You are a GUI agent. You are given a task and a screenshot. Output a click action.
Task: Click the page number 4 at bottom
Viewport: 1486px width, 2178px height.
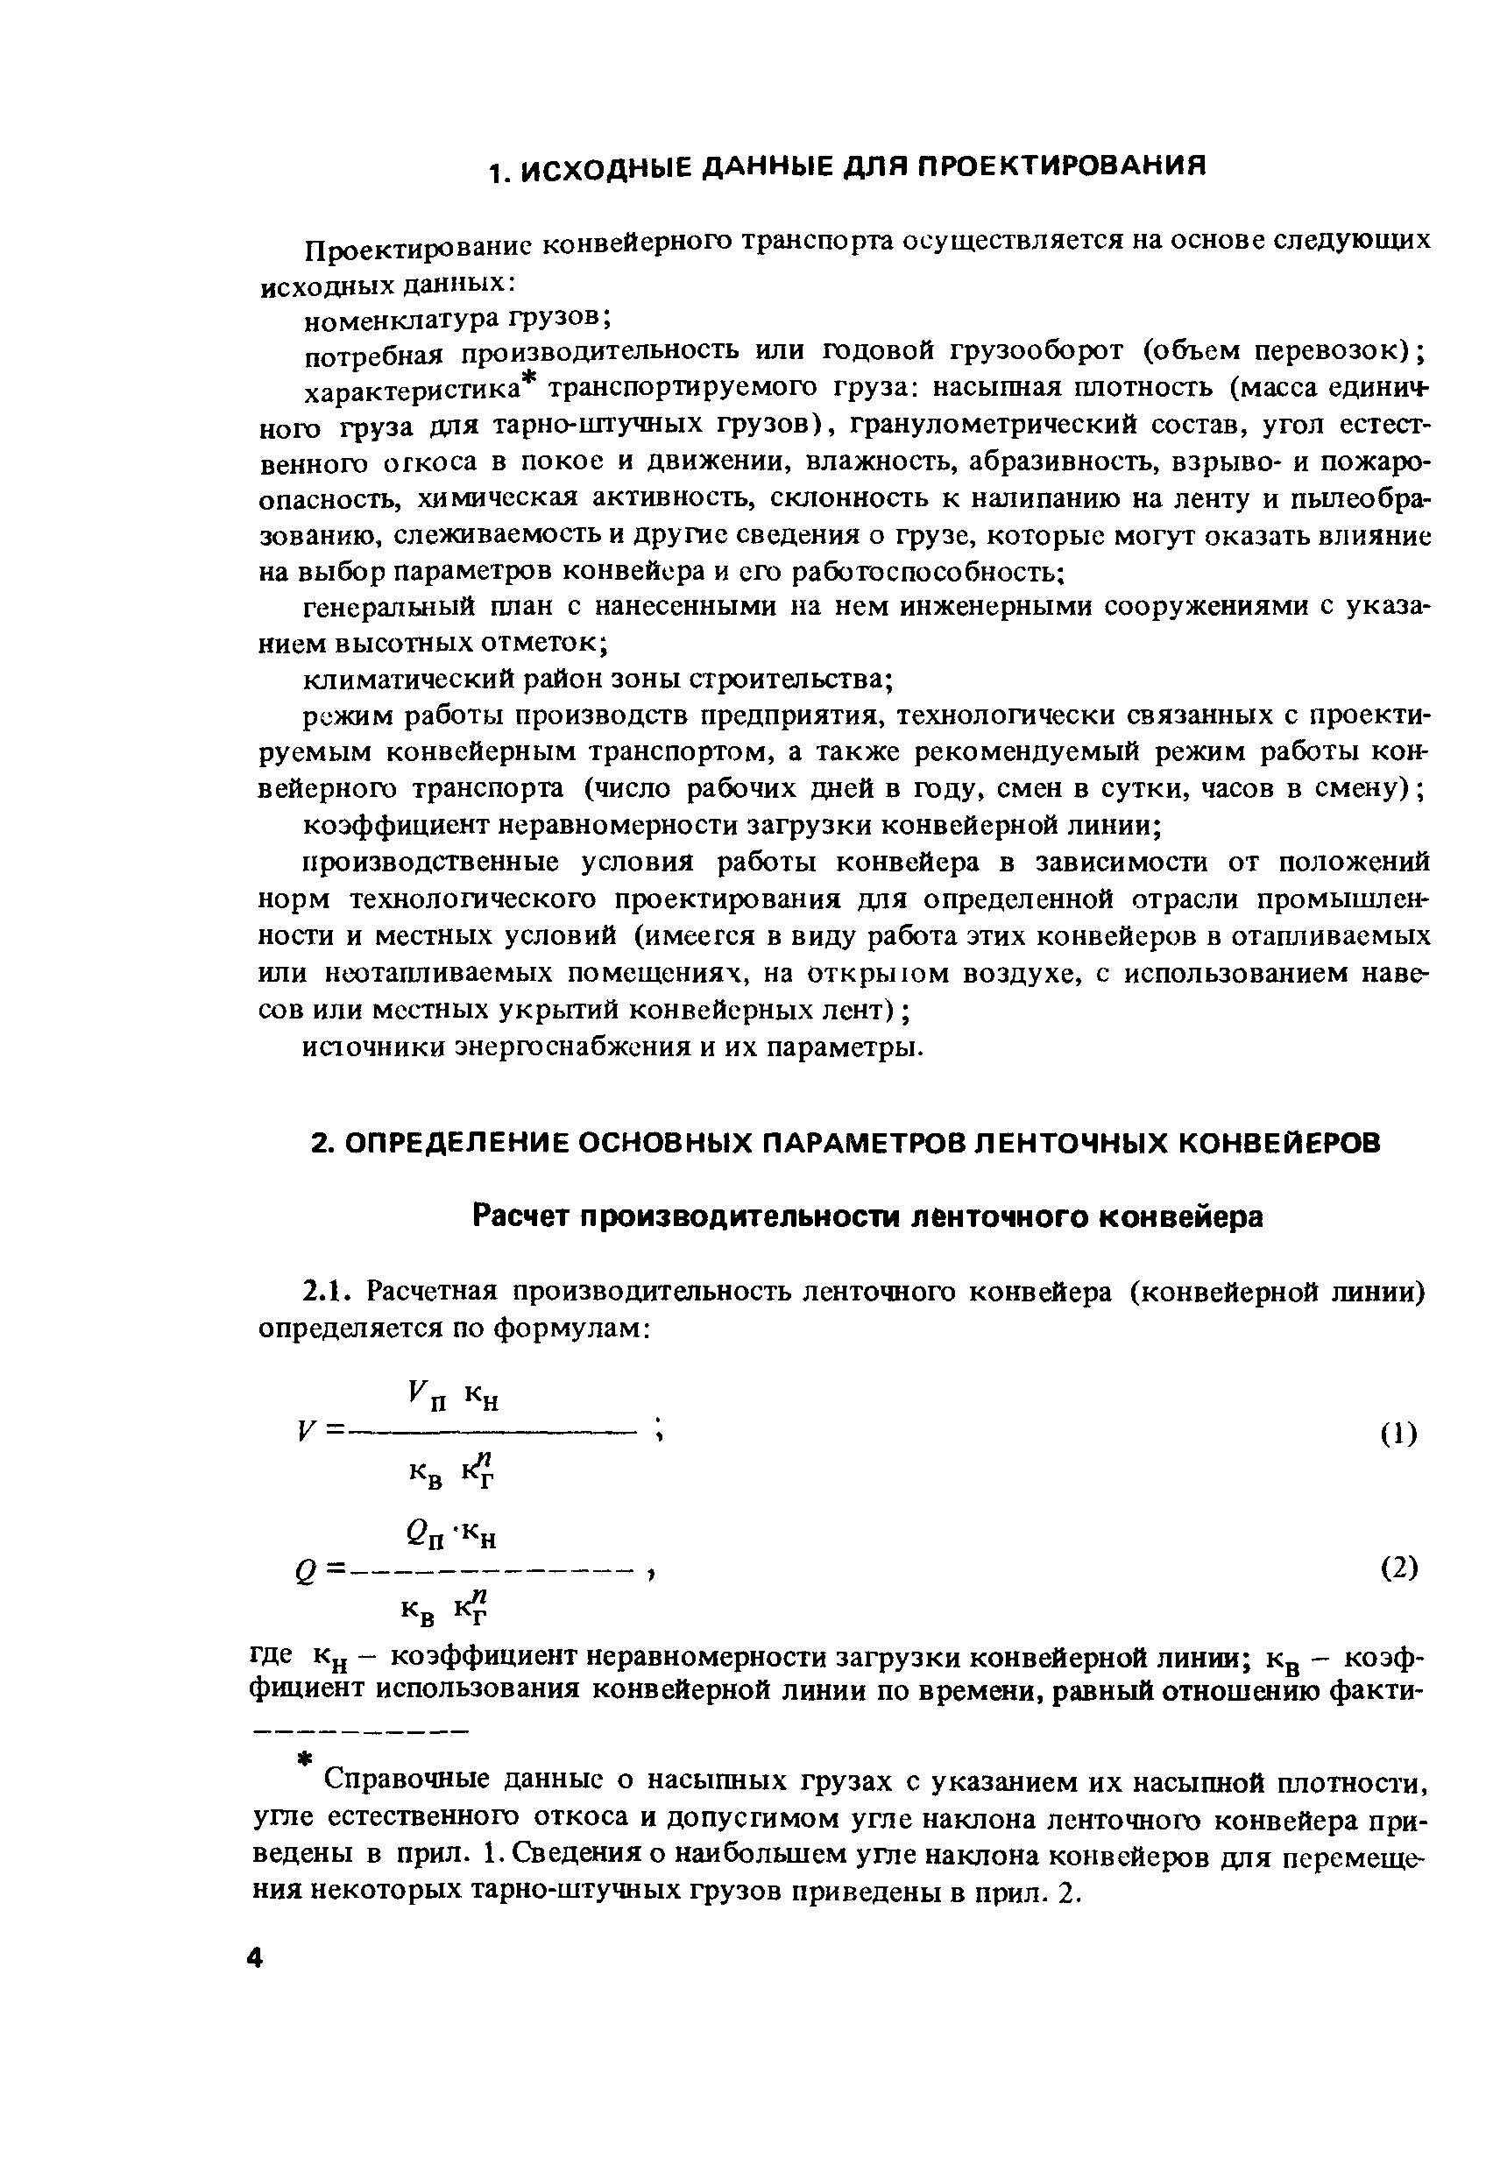coord(254,1959)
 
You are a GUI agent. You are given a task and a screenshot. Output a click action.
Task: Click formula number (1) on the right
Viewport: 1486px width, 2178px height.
coord(1398,1434)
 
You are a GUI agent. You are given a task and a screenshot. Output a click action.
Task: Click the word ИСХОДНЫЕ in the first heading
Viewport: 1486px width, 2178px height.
coord(607,166)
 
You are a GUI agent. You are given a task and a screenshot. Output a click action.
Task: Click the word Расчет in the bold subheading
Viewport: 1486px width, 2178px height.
coord(520,1216)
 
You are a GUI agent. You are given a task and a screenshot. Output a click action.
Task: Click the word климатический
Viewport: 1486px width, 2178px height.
coord(406,679)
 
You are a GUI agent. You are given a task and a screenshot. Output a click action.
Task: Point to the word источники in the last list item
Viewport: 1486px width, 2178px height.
coord(375,1047)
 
